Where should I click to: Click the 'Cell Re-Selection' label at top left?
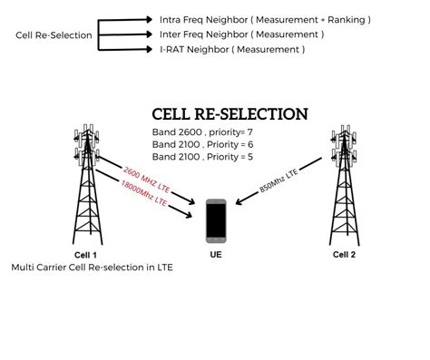pyautogui.click(x=54, y=35)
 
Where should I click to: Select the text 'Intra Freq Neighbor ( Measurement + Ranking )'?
pyautogui.click(x=264, y=19)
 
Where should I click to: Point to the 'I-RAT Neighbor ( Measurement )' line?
pyautogui.click(x=233, y=50)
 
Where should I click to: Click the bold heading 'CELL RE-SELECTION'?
pyautogui.click(x=230, y=115)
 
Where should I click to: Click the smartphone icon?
pyautogui.click(x=216, y=219)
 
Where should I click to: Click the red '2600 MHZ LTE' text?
pyautogui.click(x=146, y=176)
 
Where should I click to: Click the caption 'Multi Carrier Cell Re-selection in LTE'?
pyautogui.click(x=92, y=268)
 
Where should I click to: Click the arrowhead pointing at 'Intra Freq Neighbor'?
pyautogui.click(x=150, y=18)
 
